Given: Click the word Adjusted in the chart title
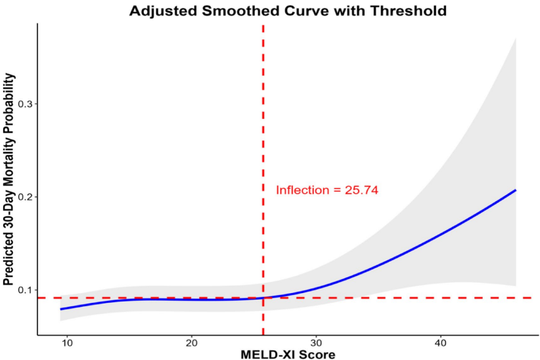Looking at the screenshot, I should [162, 11].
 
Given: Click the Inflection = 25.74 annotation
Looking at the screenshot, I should [326, 191].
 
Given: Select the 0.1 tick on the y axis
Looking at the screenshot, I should [25, 290].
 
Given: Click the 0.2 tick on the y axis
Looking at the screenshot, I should [25, 197].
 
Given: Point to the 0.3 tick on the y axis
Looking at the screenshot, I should [25, 104].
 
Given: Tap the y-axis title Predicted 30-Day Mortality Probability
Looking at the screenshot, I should [9, 179].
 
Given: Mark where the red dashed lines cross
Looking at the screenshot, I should [263, 298].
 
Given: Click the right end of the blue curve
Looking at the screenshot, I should [516, 190].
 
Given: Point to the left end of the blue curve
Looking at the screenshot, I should [60, 309].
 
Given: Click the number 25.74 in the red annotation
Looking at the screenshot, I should [362, 191].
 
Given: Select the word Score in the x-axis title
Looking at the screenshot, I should [319, 354].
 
